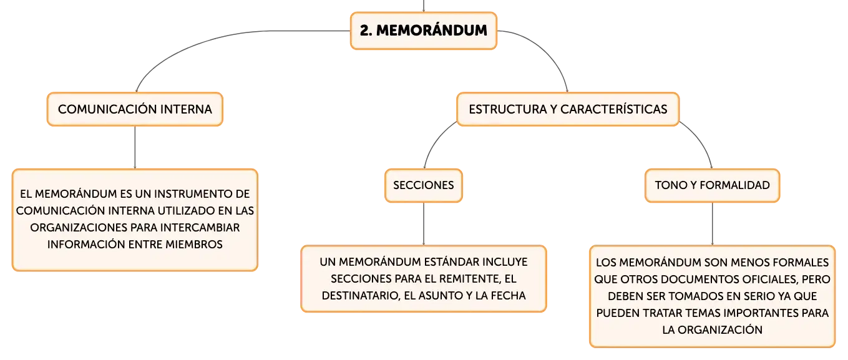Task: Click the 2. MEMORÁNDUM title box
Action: click(x=423, y=31)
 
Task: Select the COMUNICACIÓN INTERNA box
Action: click(x=135, y=109)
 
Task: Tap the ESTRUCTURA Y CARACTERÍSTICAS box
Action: click(x=568, y=109)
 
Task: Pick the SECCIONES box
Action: click(x=423, y=185)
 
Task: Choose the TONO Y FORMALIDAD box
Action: click(x=712, y=185)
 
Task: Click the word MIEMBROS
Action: click(x=194, y=245)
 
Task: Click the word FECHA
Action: click(x=508, y=296)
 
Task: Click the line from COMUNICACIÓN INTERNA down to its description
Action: click(x=135, y=147)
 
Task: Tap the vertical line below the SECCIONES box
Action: click(x=423, y=224)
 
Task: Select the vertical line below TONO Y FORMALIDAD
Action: click(x=712, y=224)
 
